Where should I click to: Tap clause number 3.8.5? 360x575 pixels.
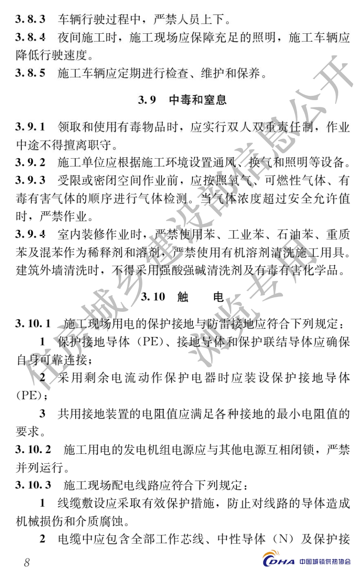(30, 74)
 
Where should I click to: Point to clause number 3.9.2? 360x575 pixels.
(30, 163)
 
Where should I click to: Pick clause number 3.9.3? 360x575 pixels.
(30, 181)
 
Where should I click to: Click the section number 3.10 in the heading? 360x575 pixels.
(153, 297)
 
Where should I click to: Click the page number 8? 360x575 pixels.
(27, 562)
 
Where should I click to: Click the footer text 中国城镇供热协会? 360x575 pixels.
(325, 562)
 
